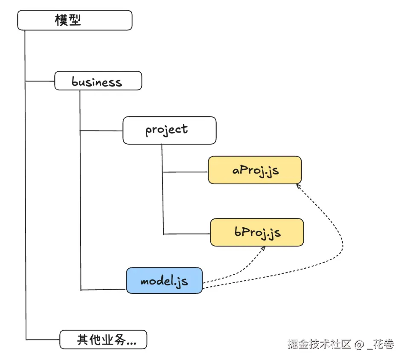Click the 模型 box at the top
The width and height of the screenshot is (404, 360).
[75, 20]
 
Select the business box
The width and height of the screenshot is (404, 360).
[98, 81]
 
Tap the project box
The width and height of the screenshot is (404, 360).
[169, 130]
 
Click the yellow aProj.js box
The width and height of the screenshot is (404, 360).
[255, 170]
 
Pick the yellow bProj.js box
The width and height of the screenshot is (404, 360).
[257, 232]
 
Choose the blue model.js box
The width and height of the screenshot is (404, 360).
[164, 280]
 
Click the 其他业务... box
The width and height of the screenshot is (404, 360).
[103, 340]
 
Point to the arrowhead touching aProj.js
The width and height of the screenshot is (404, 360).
[298, 186]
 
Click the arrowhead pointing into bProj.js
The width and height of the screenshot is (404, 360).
[263, 249]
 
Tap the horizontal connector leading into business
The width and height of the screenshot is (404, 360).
[40, 81]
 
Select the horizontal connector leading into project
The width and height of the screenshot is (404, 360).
[101, 131]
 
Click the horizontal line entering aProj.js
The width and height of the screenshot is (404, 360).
[186, 172]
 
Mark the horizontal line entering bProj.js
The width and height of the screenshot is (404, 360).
[187, 234]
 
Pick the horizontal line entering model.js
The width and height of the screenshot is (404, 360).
[103, 290]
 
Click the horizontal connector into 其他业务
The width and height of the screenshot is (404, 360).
[43, 340]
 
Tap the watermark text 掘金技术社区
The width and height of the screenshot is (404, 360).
[320, 344]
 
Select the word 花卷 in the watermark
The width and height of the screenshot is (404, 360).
[384, 344]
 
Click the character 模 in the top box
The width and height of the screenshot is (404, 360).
[61, 20]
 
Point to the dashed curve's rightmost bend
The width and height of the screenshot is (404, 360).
[343, 244]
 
